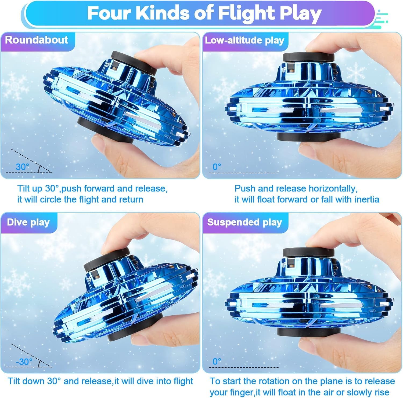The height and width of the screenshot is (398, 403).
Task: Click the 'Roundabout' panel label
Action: pos(37,40)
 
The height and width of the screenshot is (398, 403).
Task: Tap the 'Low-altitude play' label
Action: pos(244,40)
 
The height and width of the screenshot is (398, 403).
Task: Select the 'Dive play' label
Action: pos(28,222)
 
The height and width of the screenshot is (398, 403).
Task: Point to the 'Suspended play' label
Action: pos(244,222)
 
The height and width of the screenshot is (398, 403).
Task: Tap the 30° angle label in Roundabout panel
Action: pos(22,167)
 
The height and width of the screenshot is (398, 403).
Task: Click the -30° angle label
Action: pos(24,362)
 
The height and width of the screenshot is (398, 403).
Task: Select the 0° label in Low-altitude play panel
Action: pos(217,167)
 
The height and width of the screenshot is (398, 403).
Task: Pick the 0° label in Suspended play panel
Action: pos(217,362)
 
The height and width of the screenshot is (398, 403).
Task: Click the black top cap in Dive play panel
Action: pos(106,260)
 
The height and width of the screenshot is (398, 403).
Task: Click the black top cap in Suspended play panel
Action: pos(308,252)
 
